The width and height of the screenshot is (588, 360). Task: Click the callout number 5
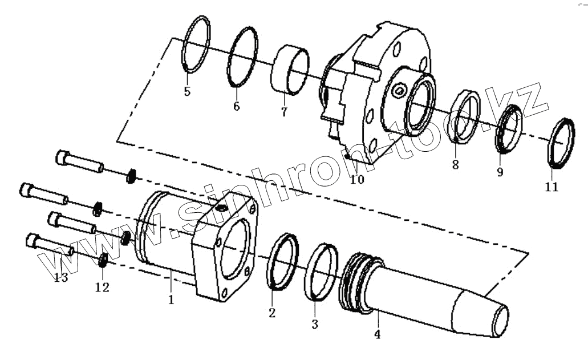[187, 91]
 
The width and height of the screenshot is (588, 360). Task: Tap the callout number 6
[236, 106]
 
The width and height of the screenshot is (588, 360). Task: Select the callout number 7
[283, 111]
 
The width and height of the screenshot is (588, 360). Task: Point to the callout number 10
[356, 180]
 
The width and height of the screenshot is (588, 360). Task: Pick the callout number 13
[60, 277]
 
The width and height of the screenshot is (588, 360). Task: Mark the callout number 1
[171, 298]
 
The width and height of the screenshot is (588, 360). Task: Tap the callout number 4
[377, 334]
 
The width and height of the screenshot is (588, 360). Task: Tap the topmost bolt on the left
[80, 161]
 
